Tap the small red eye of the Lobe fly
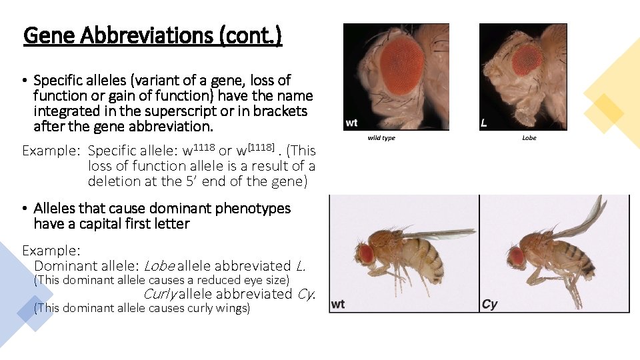click(527, 59)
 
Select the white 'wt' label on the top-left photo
click(351, 123)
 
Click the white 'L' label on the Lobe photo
click(483, 123)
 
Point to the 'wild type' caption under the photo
click(381, 138)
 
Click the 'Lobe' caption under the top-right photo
click(529, 138)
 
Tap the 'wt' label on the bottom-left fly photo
click(338, 304)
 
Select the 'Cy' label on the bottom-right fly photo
click(489, 304)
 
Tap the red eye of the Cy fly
click(515, 255)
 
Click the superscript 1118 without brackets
click(203, 146)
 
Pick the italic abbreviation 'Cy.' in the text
click(306, 294)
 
